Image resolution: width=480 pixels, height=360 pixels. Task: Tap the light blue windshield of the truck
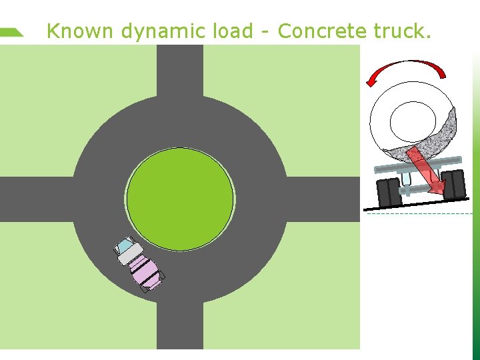(124, 247)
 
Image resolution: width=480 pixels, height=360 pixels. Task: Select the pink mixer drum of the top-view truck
(144, 269)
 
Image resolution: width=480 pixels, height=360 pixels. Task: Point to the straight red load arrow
(427, 171)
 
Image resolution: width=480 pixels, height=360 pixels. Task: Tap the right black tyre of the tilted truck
(455, 184)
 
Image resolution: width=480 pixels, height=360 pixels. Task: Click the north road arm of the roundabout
(180, 70)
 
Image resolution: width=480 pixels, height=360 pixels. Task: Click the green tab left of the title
(11, 31)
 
